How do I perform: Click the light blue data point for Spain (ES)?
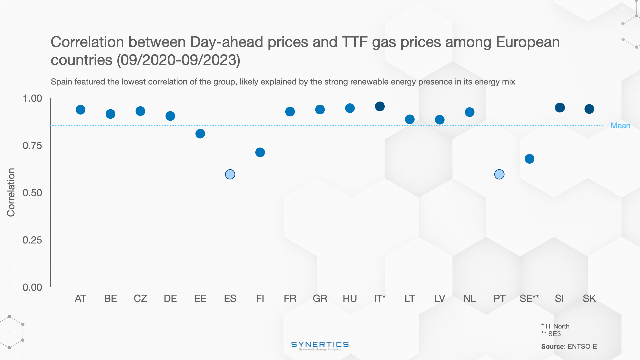[230, 174]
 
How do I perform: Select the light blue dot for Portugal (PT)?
[499, 174]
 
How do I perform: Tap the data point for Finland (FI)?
[260, 152]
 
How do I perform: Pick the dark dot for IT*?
[380, 106]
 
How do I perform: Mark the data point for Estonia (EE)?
[200, 134]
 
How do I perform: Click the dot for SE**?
[529, 159]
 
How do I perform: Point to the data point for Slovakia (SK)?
[589, 109]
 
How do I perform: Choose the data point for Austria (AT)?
[80, 110]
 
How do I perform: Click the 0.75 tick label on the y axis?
[32, 146]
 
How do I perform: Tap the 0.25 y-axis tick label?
[32, 240]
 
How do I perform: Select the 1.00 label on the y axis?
[32, 98]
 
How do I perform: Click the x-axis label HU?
[350, 298]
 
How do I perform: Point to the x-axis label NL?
[469, 298]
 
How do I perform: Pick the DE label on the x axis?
[170, 298]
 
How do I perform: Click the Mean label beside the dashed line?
[620, 126]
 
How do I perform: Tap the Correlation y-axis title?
[11, 192]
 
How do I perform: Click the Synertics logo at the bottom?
[320, 345]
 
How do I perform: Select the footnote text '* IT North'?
[555, 326]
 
